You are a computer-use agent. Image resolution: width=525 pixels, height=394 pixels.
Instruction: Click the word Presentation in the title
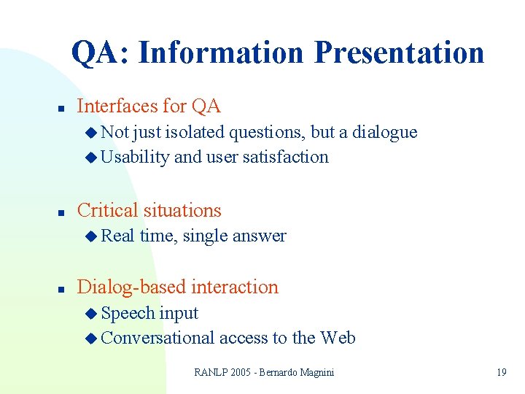(x=399, y=53)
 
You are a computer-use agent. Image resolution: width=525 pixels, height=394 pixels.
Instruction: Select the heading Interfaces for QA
(x=148, y=107)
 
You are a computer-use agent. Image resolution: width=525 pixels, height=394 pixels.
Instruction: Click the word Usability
(x=135, y=157)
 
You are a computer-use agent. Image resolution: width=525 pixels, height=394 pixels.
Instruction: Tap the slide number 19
(x=501, y=372)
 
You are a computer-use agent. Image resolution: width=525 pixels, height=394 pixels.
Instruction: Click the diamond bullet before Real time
(x=90, y=236)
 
